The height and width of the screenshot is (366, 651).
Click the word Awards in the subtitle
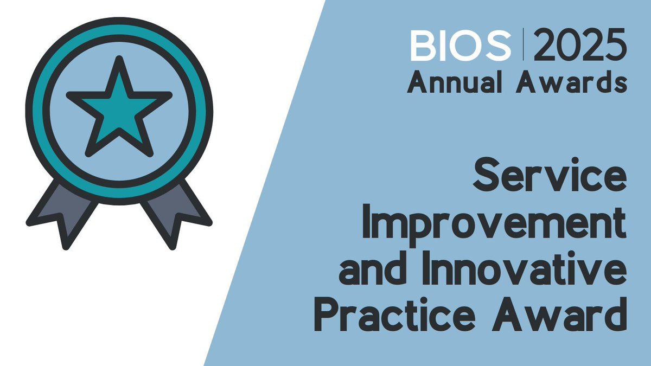pyautogui.click(x=578, y=84)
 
